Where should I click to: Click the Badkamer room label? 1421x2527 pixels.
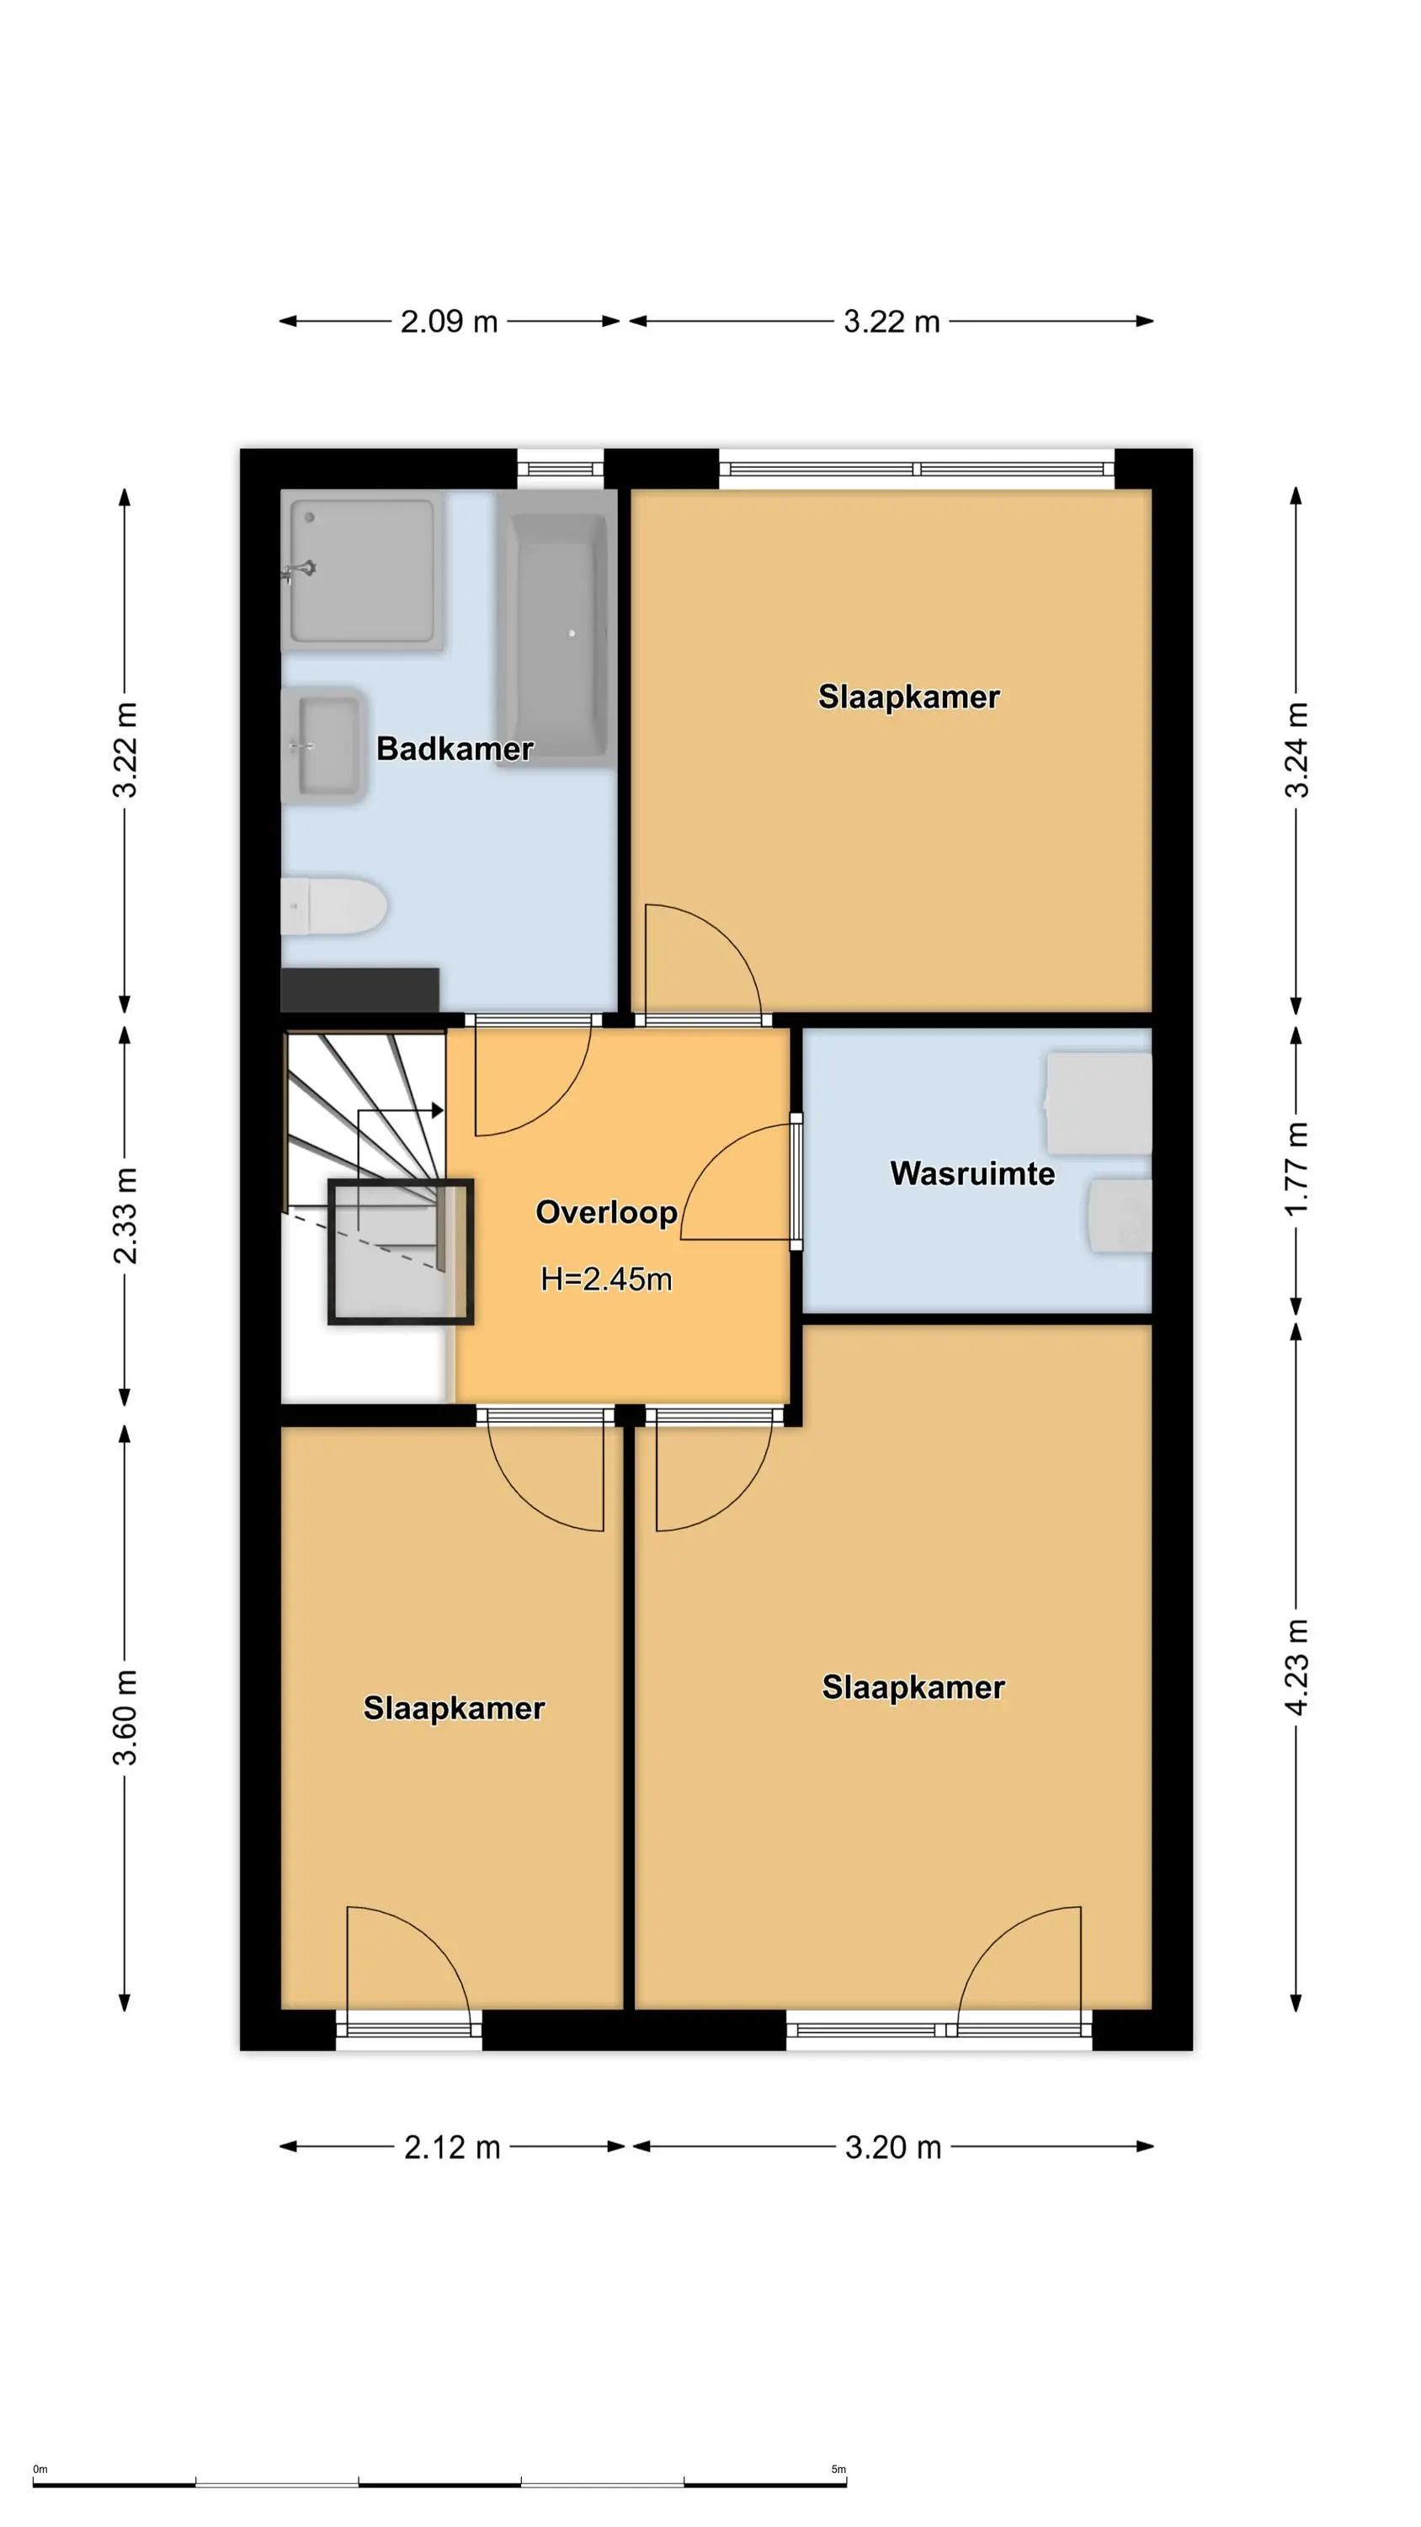click(454, 749)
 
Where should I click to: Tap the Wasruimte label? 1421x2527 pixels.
click(971, 1173)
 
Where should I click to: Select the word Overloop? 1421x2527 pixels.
click(606, 1212)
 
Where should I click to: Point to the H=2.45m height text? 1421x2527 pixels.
click(606, 1280)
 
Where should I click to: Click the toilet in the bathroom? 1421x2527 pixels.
click(333, 906)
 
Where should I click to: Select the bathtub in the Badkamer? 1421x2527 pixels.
click(555, 628)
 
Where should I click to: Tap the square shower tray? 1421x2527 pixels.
click(363, 570)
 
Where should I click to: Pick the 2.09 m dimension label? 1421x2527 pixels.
click(450, 322)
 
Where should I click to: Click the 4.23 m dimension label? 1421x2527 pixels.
click(1296, 1667)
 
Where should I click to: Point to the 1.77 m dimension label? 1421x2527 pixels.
click(1296, 1168)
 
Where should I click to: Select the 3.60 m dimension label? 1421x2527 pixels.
click(125, 1717)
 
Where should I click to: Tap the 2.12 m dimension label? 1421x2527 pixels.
click(452, 2147)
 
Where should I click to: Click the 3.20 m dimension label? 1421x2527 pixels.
click(892, 2147)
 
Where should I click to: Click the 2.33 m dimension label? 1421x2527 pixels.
click(125, 1215)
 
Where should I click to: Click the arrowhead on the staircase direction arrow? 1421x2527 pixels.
click(438, 1110)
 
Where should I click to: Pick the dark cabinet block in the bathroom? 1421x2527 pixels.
click(360, 990)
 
